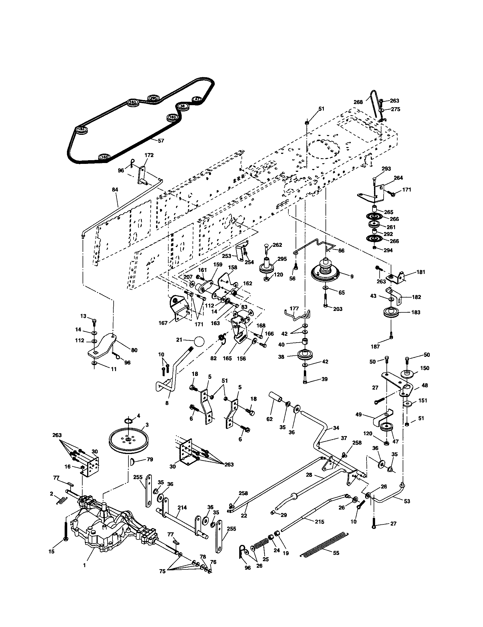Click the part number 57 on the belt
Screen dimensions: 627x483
161,141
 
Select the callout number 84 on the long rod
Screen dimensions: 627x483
115,190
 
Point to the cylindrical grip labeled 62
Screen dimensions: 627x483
276,399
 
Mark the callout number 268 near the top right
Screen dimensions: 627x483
358,102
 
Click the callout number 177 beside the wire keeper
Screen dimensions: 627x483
294,308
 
